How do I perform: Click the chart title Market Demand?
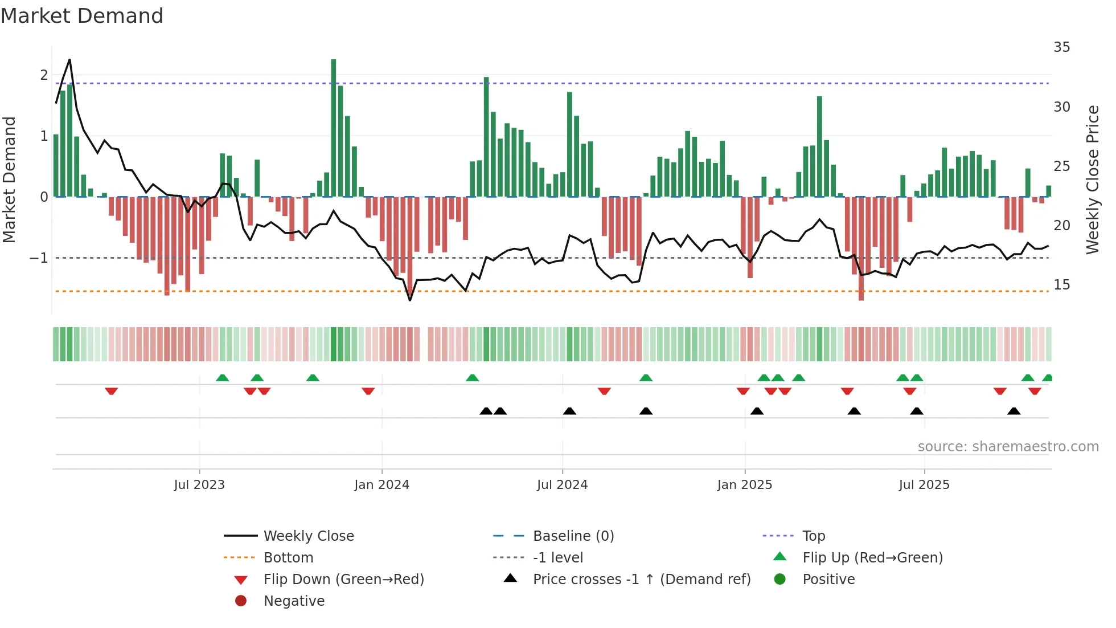[x=82, y=16]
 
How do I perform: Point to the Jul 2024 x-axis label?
[x=562, y=485]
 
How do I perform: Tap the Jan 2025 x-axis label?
[x=744, y=485]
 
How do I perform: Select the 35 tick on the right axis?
[x=1061, y=47]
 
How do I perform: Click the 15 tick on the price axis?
[x=1061, y=285]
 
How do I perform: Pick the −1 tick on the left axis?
[x=39, y=258]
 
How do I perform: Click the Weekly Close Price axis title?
[x=1092, y=180]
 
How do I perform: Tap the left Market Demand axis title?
[x=10, y=180]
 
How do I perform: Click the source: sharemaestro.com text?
[x=1008, y=447]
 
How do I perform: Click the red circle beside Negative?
[x=241, y=601]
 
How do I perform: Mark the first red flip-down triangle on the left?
[x=112, y=391]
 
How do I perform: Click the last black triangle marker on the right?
[x=1014, y=411]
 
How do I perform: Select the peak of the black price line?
[x=69, y=60]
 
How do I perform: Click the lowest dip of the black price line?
[x=410, y=300]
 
